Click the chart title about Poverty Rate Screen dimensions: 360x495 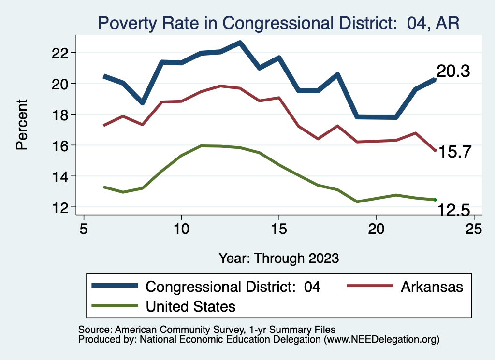click(x=278, y=22)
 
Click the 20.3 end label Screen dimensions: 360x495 click(x=453, y=72)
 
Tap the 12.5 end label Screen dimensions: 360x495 click(x=453, y=210)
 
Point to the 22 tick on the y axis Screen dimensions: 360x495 click(x=63, y=52)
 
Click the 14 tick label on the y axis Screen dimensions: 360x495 click(x=63, y=176)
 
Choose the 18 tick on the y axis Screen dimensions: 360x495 click(x=63, y=115)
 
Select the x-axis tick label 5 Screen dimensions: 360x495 click(x=84, y=228)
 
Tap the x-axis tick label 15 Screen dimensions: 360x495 click(x=278, y=228)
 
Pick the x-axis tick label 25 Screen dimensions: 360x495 click(x=473, y=228)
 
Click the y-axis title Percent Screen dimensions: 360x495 click(x=22, y=124)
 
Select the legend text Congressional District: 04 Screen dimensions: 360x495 click(x=233, y=287)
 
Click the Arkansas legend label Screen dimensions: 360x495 click(x=432, y=287)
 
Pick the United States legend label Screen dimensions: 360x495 click(x=190, y=305)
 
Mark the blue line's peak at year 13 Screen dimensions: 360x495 click(x=240, y=43)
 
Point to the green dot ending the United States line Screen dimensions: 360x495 click(x=435, y=200)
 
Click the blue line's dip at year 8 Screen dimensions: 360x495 click(x=142, y=102)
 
